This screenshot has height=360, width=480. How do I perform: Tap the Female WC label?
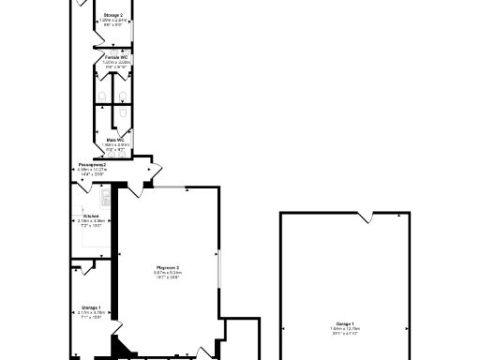click(x=116, y=57)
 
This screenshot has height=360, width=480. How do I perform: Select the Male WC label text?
click(x=116, y=139)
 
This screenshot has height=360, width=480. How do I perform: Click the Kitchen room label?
click(x=92, y=216)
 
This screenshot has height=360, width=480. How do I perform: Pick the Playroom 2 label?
click(x=167, y=268)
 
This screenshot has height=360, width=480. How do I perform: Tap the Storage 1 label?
click(x=91, y=307)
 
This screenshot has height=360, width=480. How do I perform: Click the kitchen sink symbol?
click(x=105, y=198)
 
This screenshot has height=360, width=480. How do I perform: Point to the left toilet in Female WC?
click(x=102, y=95)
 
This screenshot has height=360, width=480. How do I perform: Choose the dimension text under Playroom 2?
click(x=167, y=275)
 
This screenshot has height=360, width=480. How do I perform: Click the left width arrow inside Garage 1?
click(x=284, y=330)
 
